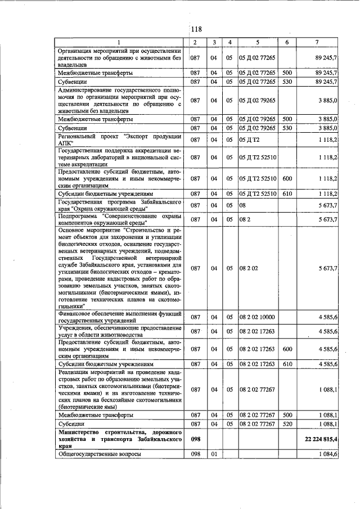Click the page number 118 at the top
196,29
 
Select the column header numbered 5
258,43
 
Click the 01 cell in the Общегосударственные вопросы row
214,454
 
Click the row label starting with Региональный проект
120,139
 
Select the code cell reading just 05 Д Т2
249,139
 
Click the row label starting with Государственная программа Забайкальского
120,205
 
